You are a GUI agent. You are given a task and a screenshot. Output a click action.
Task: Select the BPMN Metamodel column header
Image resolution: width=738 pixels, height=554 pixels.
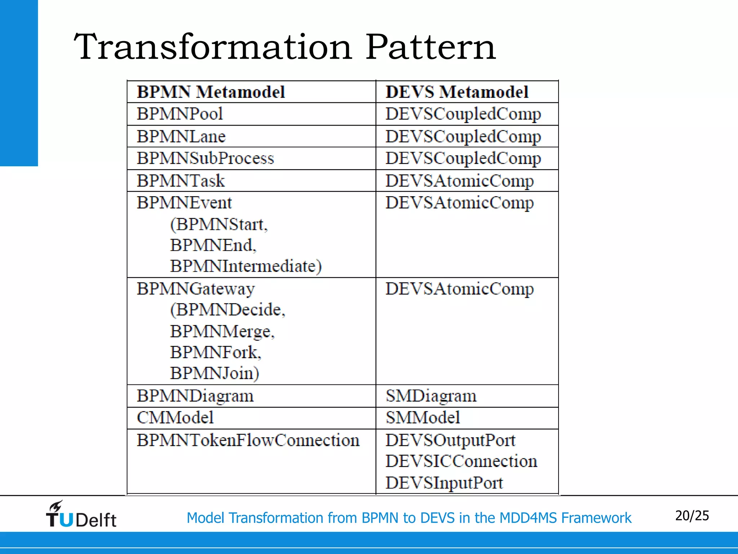211,92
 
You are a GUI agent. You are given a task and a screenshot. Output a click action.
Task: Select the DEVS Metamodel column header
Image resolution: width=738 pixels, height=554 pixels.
457,92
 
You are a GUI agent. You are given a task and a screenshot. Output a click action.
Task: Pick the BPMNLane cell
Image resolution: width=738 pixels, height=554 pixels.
181,137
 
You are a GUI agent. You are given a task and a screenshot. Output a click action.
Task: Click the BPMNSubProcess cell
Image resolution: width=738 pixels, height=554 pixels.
205,158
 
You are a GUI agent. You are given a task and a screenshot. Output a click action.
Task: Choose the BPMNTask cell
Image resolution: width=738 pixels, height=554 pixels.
181,181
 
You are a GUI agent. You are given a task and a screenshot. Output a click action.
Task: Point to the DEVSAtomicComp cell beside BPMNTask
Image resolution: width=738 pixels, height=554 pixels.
459,181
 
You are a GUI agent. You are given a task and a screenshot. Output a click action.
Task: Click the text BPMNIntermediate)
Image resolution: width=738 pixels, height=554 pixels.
246,267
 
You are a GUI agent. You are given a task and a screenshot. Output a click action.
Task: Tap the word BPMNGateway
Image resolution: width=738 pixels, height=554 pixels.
196,289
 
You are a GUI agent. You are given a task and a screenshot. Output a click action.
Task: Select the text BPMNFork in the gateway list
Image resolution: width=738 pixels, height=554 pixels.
215,352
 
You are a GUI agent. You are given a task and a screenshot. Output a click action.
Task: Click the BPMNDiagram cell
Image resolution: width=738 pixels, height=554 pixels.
195,396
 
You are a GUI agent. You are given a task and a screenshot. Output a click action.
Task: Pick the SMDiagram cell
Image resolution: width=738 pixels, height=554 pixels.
431,396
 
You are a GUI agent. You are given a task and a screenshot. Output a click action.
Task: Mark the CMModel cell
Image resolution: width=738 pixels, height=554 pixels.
175,418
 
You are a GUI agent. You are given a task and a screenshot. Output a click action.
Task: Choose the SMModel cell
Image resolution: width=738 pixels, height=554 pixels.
423,418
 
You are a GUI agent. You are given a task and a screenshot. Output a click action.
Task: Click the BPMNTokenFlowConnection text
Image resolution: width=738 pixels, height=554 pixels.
248,440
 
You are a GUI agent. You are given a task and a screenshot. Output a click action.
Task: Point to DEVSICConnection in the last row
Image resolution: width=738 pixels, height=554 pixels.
461,461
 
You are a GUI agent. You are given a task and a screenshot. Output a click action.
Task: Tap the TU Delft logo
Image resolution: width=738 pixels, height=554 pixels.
81,515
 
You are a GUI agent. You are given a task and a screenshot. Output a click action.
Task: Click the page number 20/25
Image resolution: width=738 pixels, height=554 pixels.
692,516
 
